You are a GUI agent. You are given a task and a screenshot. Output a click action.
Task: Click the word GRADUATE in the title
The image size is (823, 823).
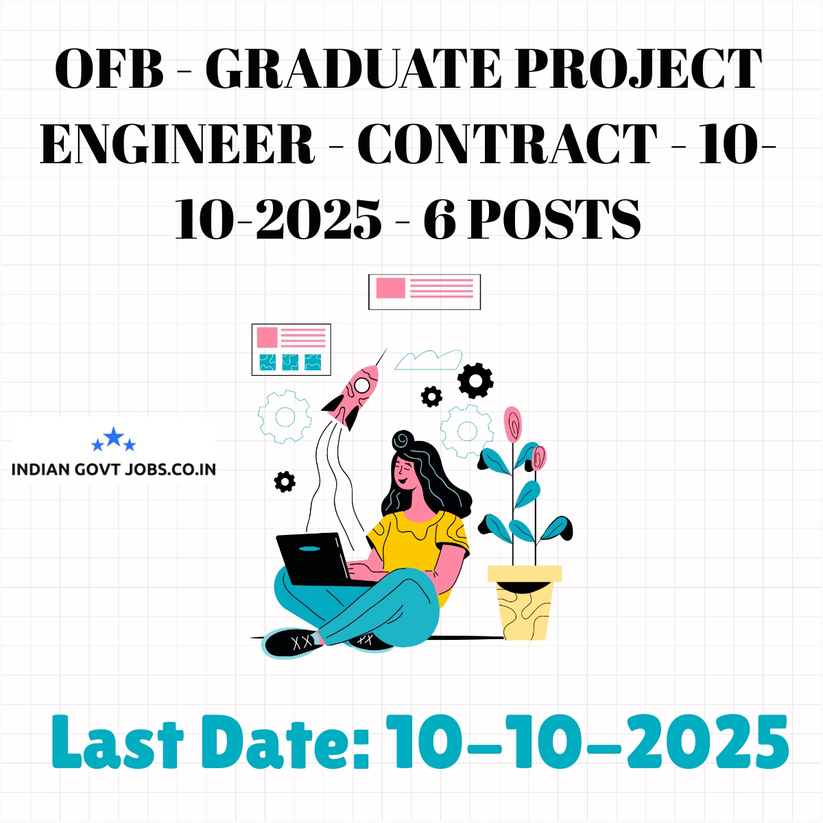(x=353, y=69)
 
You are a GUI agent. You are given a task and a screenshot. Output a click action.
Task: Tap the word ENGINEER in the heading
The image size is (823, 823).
(x=177, y=143)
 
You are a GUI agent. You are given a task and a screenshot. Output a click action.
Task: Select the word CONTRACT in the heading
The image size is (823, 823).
(x=508, y=143)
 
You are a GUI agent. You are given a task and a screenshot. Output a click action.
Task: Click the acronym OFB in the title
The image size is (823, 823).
(x=110, y=69)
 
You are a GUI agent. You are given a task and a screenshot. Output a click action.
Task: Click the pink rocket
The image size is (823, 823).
(x=351, y=396)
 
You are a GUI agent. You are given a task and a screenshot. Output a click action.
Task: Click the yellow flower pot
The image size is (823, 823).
(x=525, y=602)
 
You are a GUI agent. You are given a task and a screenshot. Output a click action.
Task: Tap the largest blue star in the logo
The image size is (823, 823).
(x=114, y=436)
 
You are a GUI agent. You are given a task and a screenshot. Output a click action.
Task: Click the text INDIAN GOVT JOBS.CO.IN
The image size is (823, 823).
(x=114, y=469)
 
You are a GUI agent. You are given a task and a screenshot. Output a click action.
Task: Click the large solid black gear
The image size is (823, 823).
(x=475, y=381)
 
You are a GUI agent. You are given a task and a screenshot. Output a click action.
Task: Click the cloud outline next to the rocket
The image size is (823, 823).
(x=429, y=359)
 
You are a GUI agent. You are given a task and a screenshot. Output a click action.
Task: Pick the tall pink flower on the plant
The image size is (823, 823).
(x=512, y=424)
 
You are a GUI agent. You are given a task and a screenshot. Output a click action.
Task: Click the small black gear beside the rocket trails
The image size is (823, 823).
(x=285, y=481)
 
